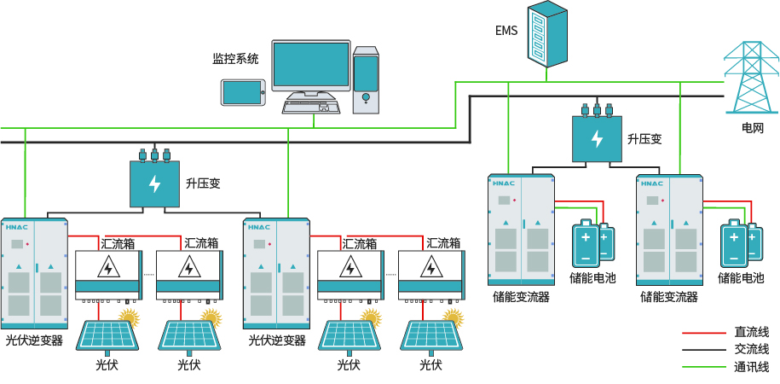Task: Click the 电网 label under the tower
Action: pyautogui.click(x=752, y=128)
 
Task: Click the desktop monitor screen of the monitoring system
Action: pyautogui.click(x=311, y=66)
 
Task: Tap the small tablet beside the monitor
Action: pyautogui.click(x=244, y=92)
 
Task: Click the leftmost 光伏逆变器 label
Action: pyautogui.click(x=34, y=340)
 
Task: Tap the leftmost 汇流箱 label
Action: pyautogui.click(x=118, y=243)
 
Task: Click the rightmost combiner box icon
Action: pyautogui.click(x=430, y=274)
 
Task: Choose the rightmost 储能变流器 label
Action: pyautogui.click(x=668, y=297)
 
